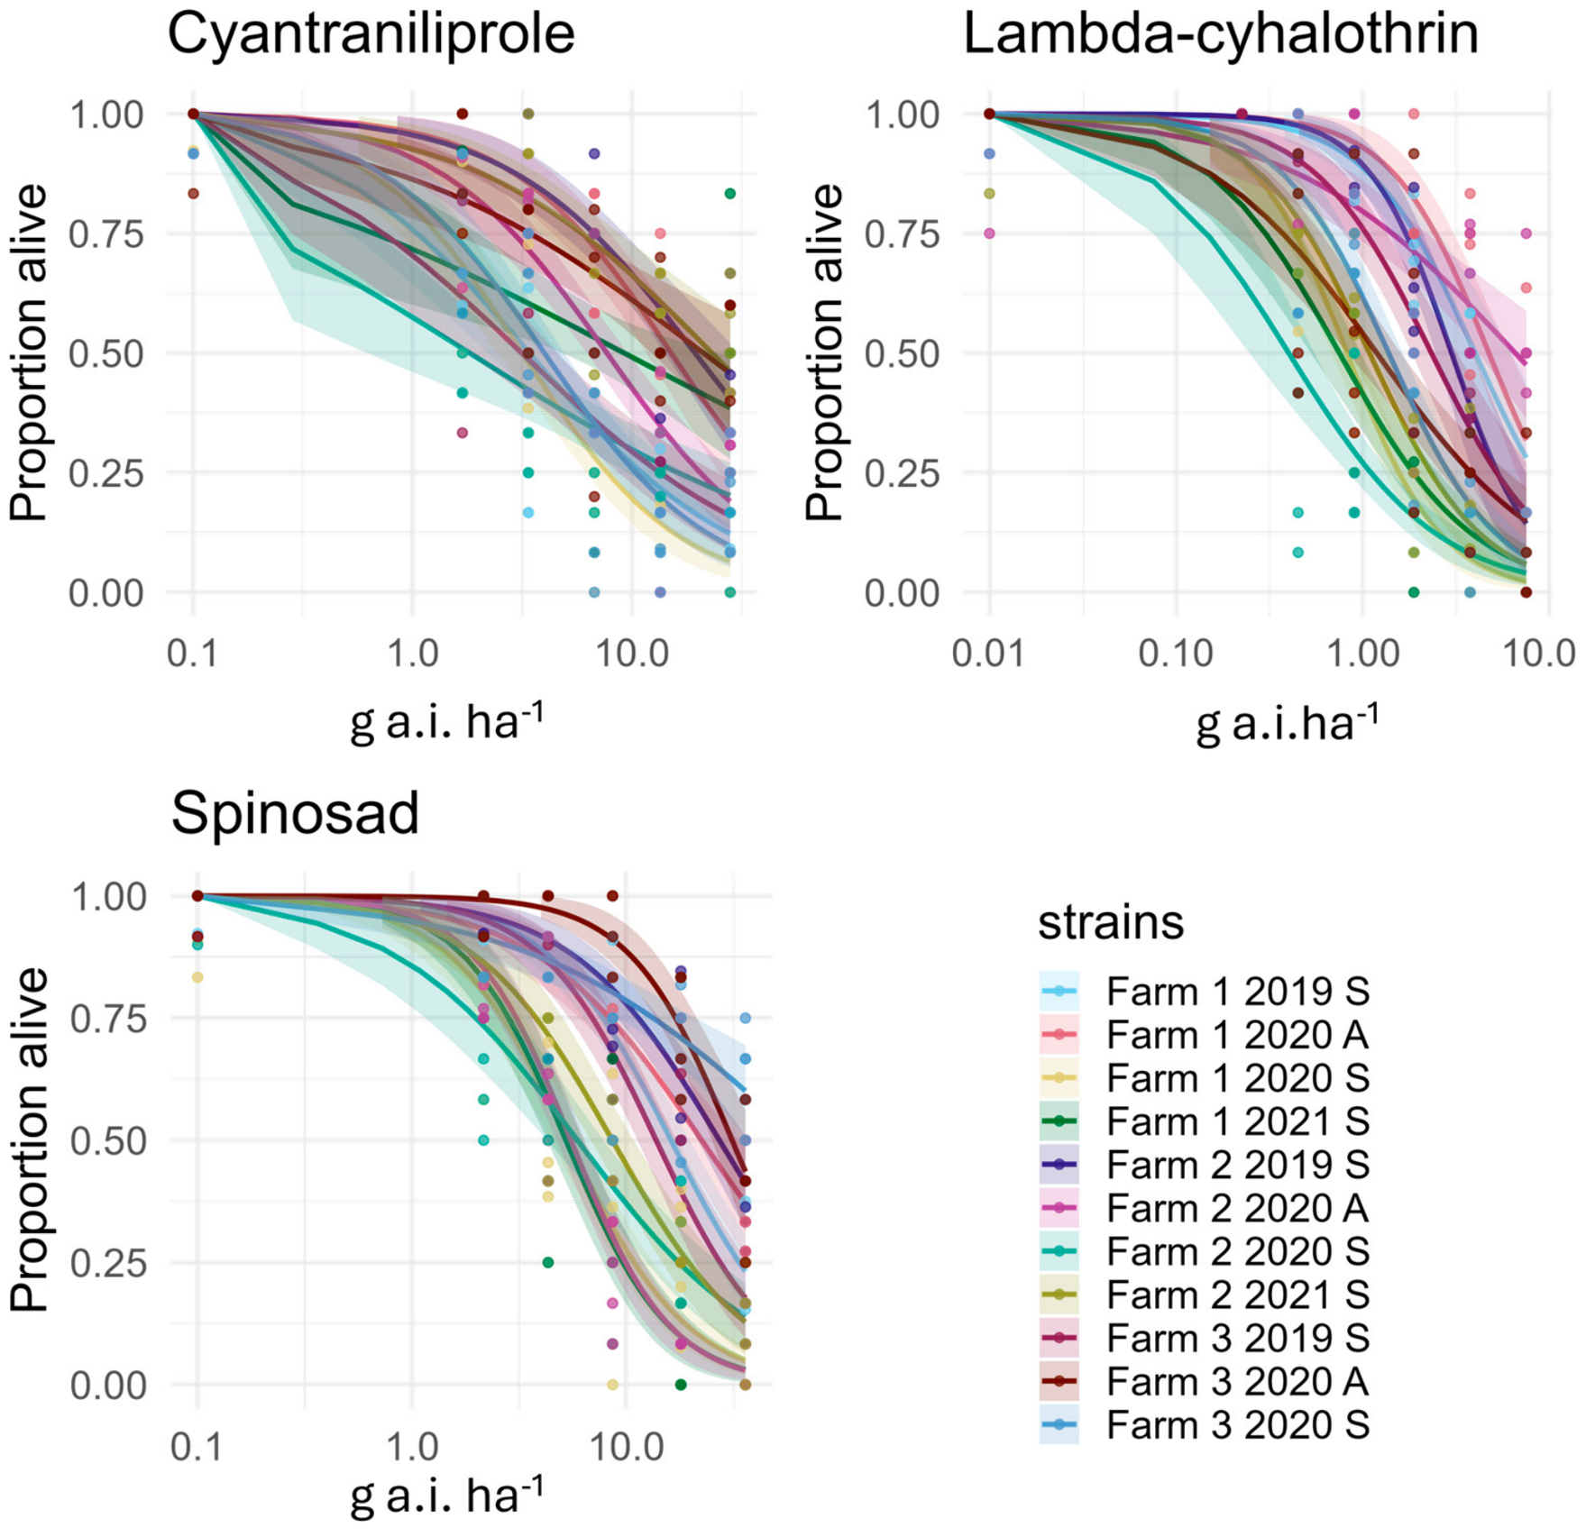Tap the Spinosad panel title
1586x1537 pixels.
point(296,814)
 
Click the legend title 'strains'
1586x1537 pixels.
point(1111,922)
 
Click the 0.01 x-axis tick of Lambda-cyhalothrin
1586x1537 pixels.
point(988,653)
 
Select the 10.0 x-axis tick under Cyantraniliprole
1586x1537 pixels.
point(632,653)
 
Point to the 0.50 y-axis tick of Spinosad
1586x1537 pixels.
point(109,1141)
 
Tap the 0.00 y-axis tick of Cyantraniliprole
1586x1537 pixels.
point(105,593)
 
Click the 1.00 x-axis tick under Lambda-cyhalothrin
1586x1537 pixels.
point(1362,653)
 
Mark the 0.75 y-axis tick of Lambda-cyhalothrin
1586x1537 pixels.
point(902,234)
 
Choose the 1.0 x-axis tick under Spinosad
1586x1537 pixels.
point(412,1447)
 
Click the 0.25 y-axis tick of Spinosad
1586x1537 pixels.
point(109,1263)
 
